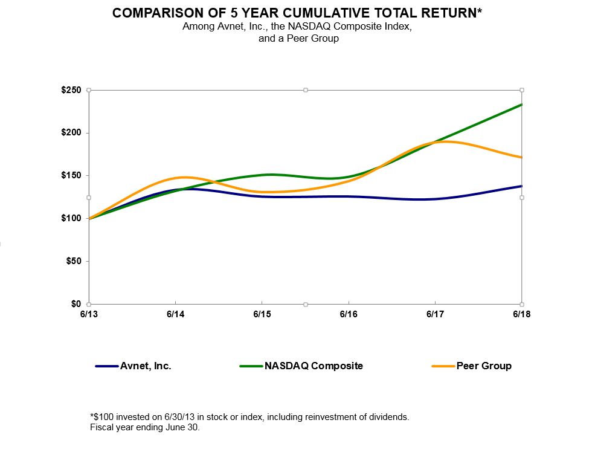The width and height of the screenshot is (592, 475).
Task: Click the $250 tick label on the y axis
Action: click(71, 90)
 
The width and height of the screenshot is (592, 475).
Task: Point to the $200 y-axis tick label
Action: click(71, 133)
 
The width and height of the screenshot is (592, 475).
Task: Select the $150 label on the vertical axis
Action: click(71, 176)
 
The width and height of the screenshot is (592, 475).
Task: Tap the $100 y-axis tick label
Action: click(71, 218)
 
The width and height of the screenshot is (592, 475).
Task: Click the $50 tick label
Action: click(73, 261)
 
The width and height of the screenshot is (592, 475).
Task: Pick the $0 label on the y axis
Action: click(76, 304)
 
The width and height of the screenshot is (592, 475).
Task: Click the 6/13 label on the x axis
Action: click(89, 314)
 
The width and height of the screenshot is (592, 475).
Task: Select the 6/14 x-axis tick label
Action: click(175, 314)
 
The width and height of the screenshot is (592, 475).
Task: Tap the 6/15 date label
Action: click(262, 314)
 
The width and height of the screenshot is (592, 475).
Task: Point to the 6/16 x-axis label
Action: click(349, 314)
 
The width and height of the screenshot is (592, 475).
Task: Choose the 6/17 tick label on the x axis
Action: click(435, 314)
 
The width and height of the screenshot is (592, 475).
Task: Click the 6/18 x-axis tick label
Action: click(521, 314)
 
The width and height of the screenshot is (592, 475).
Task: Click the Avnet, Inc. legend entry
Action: click(144, 366)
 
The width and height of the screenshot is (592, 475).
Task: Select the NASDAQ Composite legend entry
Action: click(314, 366)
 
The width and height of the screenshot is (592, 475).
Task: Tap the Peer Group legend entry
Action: click(483, 366)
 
